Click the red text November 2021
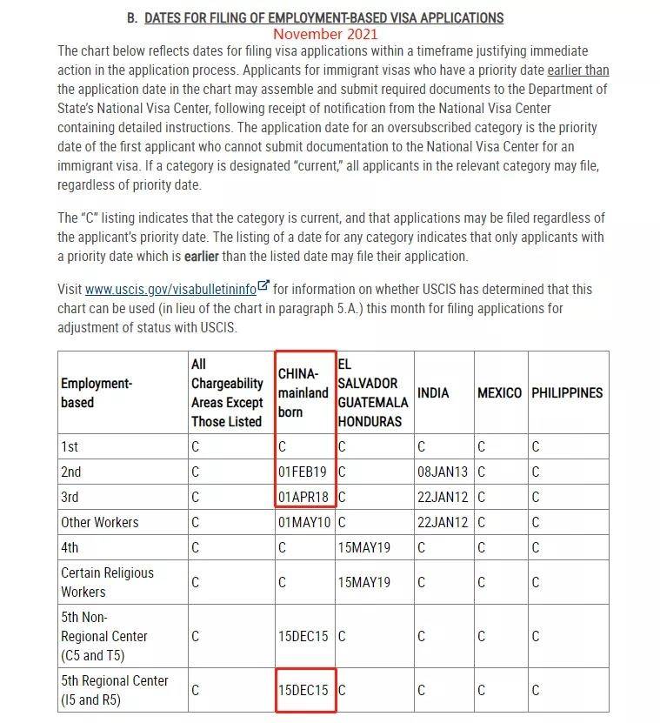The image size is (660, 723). click(325, 34)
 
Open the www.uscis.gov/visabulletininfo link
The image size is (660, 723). click(170, 289)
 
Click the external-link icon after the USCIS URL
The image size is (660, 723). click(263, 287)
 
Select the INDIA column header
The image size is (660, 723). click(433, 392)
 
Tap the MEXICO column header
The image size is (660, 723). click(499, 392)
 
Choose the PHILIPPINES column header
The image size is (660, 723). click(567, 392)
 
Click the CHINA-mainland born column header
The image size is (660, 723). click(303, 392)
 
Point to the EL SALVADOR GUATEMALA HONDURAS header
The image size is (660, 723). click(372, 392)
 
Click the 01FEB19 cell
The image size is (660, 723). click(303, 472)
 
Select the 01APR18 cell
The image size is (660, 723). click(303, 497)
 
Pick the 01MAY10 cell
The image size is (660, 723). click(303, 522)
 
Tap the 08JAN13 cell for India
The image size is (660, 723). click(443, 472)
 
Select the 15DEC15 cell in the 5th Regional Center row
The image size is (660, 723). click(303, 690)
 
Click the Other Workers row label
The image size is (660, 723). click(99, 522)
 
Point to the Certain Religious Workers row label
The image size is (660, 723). click(107, 582)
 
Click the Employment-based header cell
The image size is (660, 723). click(96, 392)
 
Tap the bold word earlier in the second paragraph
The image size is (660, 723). click(202, 256)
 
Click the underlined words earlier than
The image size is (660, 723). click(577, 70)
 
